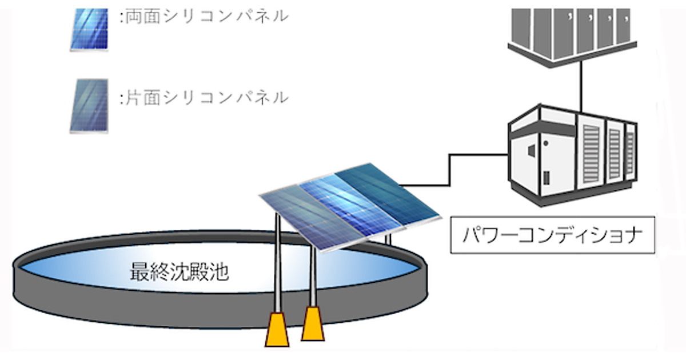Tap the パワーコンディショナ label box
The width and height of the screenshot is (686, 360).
[x=552, y=234]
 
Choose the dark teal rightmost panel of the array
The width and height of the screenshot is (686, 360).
[x=389, y=194]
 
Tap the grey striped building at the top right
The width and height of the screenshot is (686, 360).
[x=572, y=31]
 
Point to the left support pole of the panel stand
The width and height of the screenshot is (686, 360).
[x=277, y=263]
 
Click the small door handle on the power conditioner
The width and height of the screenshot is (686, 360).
[x=547, y=143]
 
